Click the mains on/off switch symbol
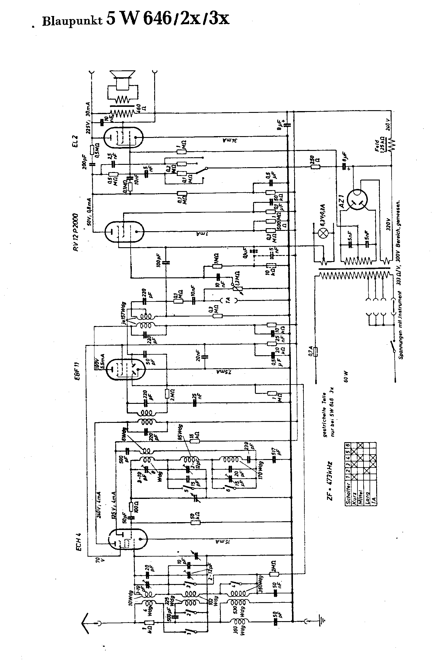394,347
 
